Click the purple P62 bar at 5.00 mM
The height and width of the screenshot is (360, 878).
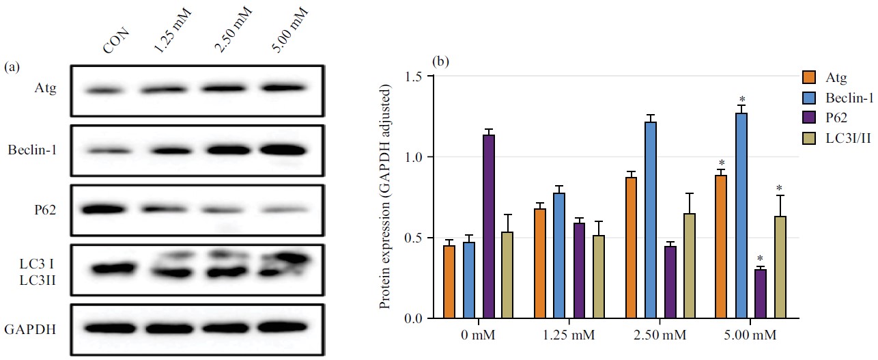tap(760, 294)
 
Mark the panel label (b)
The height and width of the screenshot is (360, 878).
tap(440, 61)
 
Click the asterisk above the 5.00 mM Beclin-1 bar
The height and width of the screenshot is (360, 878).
tap(741, 100)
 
